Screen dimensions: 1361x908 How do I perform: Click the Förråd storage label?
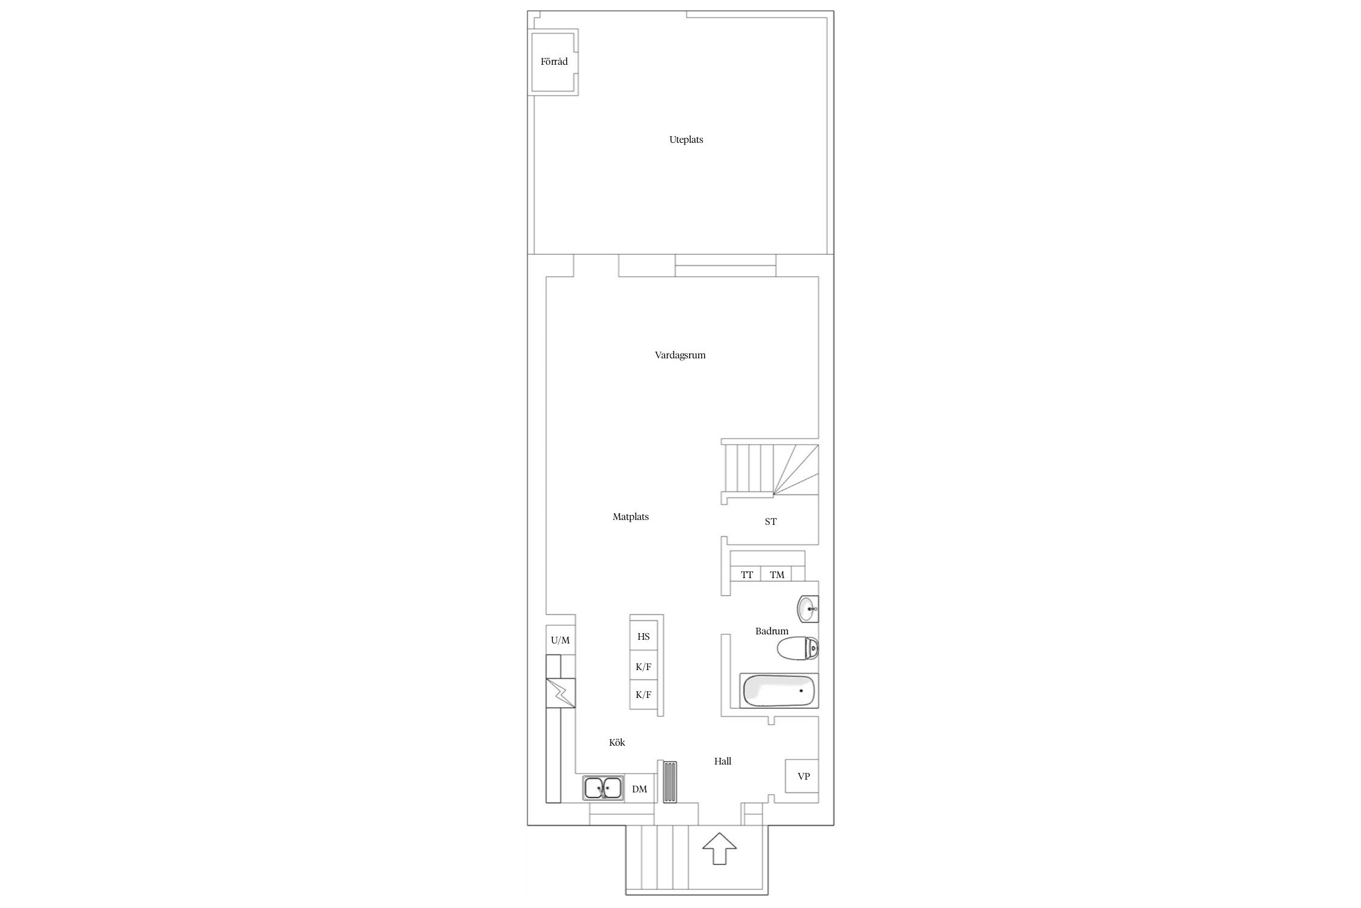[x=554, y=62]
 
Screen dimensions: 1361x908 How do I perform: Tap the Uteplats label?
[x=686, y=140]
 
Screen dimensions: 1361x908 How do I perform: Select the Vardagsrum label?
[x=680, y=355]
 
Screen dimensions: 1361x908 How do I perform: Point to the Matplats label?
[x=630, y=517]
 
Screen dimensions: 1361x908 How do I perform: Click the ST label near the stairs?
[x=770, y=521]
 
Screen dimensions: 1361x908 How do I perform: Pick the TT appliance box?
[x=746, y=574]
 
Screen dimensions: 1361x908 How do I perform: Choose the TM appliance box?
[x=777, y=574]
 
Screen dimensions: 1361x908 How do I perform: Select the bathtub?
[x=778, y=691]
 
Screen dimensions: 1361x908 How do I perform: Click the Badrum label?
[x=772, y=631]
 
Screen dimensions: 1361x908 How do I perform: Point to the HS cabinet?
[x=644, y=636]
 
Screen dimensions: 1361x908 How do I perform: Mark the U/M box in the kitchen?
[x=560, y=640]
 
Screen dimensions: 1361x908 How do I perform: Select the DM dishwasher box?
[x=640, y=789]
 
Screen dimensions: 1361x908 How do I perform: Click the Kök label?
[x=617, y=743]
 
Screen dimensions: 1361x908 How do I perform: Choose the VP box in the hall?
[x=803, y=776]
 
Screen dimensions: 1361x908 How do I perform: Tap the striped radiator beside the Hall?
[x=670, y=781]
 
